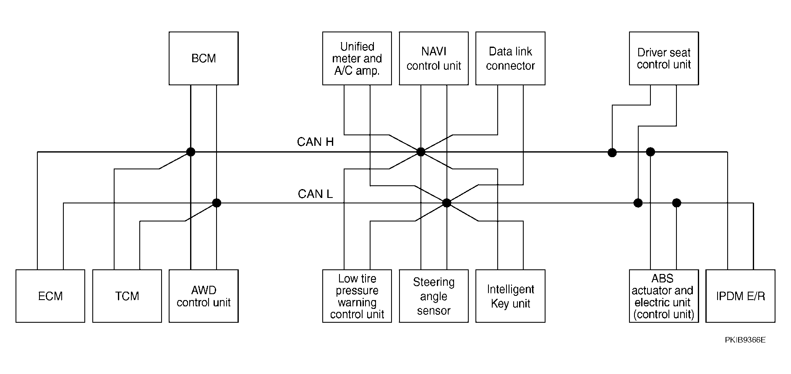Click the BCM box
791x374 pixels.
coord(204,58)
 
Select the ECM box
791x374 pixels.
coord(50,296)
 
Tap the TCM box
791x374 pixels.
coord(127,296)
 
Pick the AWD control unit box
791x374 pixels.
coord(204,296)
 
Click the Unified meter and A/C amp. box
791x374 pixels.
coord(357,58)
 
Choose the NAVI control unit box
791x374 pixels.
coord(434,58)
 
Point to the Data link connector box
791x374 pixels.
coord(510,58)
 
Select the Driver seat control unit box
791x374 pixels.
coord(664,58)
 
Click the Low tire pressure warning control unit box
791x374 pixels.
coord(357,296)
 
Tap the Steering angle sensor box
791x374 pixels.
coord(434,296)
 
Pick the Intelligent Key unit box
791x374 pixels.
coord(510,296)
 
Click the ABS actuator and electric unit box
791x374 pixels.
coord(664,296)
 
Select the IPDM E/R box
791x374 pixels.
coord(741,296)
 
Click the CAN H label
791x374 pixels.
coord(315,142)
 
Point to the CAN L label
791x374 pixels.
coord(315,194)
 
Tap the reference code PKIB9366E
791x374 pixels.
coord(745,340)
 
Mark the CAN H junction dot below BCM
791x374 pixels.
coord(191,152)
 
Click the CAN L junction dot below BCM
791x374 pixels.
coord(217,203)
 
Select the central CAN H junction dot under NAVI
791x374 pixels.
coord(421,152)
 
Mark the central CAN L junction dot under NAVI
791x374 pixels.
coord(447,203)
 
